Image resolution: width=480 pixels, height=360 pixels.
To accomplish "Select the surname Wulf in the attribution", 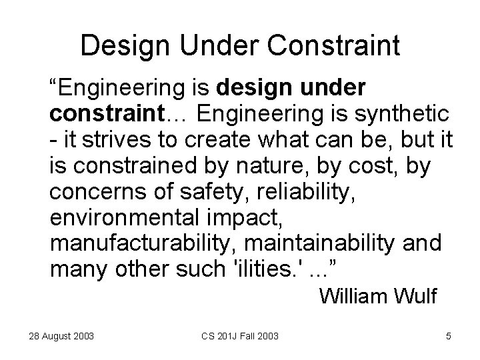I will coord(413,295).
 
